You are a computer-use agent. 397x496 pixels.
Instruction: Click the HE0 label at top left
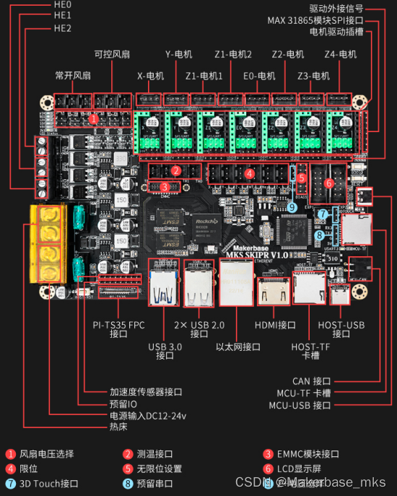[x=62, y=4]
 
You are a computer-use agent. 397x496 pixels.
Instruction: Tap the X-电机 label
[x=150, y=76]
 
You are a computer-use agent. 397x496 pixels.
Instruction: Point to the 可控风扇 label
[x=113, y=54]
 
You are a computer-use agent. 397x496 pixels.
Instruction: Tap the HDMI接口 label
[x=276, y=324]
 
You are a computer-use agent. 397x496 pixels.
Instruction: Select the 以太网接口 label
[x=238, y=346]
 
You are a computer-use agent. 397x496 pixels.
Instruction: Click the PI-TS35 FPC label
[x=119, y=324]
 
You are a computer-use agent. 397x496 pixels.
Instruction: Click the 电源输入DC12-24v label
[x=147, y=416]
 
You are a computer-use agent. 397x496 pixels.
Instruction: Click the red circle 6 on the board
[x=329, y=183]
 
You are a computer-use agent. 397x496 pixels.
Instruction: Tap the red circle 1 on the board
[x=93, y=118]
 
